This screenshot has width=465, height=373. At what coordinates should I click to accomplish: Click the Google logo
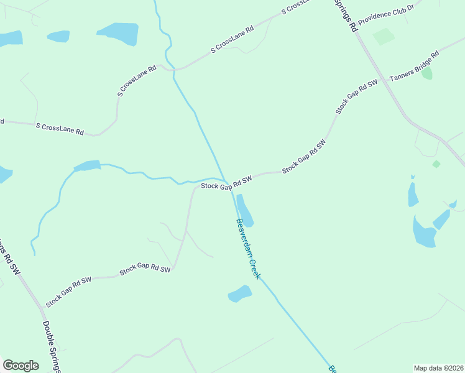(21, 365)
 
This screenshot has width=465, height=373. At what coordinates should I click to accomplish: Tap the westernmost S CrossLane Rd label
(60, 129)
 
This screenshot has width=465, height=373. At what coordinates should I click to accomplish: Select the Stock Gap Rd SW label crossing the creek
(226, 183)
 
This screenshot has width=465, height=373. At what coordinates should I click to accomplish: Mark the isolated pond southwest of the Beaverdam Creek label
(239, 293)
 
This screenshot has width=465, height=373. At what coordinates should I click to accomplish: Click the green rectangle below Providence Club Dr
(384, 36)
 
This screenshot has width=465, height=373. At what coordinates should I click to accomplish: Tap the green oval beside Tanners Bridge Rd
(427, 73)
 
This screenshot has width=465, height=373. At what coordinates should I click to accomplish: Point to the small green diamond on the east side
(436, 164)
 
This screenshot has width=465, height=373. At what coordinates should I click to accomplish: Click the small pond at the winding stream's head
(87, 166)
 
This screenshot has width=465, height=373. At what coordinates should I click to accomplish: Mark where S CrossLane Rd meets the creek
(175, 69)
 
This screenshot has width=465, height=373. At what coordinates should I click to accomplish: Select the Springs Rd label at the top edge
(346, 16)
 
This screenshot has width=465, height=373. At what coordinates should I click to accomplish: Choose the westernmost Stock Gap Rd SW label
(68, 285)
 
